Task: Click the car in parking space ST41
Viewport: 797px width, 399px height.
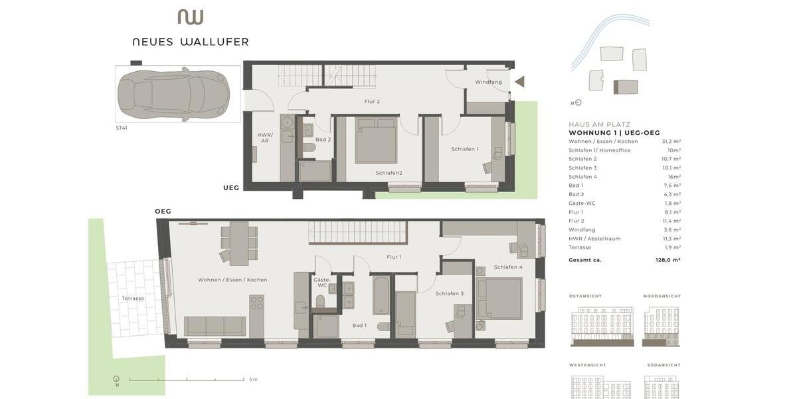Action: pyautogui.click(x=173, y=94)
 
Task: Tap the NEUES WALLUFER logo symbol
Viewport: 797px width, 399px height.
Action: pyautogui.click(x=190, y=17)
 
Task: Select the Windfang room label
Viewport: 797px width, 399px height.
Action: pyautogui.click(x=488, y=82)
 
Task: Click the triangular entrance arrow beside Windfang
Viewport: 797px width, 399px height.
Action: pyautogui.click(x=519, y=82)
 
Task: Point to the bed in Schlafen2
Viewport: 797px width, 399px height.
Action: pyautogui.click(x=376, y=140)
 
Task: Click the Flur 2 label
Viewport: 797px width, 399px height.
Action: pyautogui.click(x=372, y=102)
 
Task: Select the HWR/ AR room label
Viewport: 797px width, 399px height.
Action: pyautogui.click(x=265, y=138)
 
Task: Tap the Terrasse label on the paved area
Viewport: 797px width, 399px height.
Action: pyautogui.click(x=133, y=299)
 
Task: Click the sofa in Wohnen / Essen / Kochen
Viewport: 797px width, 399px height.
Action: pyautogui.click(x=215, y=326)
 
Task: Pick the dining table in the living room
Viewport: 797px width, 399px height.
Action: pyautogui.click(x=238, y=243)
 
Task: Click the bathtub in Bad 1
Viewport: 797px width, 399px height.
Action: pyautogui.click(x=381, y=295)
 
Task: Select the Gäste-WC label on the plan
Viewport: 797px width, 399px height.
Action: pyautogui.click(x=321, y=283)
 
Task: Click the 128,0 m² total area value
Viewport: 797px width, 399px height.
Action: pyautogui.click(x=667, y=260)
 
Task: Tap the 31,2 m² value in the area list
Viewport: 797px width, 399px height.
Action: pyautogui.click(x=671, y=142)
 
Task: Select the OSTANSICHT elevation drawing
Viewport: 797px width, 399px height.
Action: pyautogui.click(x=602, y=327)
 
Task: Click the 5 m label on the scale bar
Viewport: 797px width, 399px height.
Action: pyautogui.click(x=253, y=380)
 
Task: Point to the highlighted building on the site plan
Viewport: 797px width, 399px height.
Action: pyautogui.click(x=626, y=87)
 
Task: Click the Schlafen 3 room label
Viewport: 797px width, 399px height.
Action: pyautogui.click(x=450, y=293)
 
